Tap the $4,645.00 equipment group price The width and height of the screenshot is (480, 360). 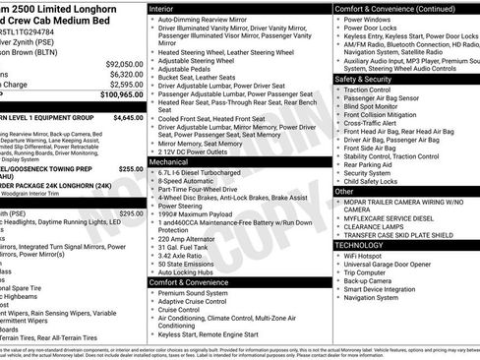(129, 117)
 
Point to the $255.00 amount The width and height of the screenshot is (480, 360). (131, 169)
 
